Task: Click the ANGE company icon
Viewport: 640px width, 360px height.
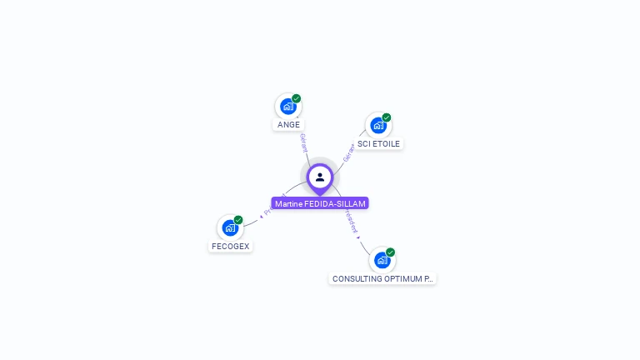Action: [x=288, y=107]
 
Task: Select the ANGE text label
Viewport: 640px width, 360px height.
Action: [x=288, y=125]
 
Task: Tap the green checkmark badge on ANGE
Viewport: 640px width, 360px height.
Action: [x=297, y=98]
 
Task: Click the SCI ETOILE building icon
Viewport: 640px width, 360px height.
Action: [x=378, y=126]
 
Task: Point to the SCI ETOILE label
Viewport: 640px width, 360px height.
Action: [x=378, y=143]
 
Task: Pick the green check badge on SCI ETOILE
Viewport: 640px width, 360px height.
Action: [x=387, y=117]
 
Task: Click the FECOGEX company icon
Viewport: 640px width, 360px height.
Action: [x=230, y=227]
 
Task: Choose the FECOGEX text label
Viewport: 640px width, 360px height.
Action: [x=230, y=246]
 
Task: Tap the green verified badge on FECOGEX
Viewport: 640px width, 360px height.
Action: [x=238, y=220]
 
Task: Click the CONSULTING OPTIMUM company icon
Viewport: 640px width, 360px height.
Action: [x=382, y=260]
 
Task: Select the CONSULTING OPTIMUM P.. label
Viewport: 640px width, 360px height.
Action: [x=382, y=278]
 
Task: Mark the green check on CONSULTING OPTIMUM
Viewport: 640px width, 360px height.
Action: [x=390, y=252]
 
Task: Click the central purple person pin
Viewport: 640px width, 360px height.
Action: [x=320, y=177]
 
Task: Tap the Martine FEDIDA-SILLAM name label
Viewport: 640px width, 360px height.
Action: [x=320, y=203]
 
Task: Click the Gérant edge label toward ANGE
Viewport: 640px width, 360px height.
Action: [x=304, y=143]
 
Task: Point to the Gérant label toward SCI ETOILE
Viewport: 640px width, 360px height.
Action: [x=348, y=152]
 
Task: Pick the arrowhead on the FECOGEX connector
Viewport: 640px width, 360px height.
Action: [x=261, y=217]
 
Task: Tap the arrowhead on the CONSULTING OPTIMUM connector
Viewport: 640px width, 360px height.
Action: [x=359, y=237]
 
